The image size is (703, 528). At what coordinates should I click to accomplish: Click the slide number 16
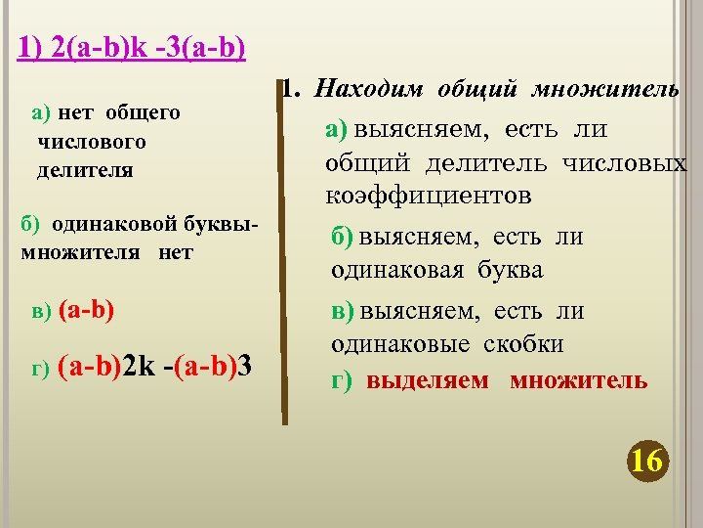point(647,460)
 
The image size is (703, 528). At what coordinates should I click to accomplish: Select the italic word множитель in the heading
point(605,90)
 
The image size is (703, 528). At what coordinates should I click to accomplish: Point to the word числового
point(92,142)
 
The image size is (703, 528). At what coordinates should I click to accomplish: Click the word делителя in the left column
point(85,170)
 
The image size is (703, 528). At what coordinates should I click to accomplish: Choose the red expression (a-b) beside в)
point(87,311)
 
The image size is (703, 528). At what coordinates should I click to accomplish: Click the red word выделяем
point(428,380)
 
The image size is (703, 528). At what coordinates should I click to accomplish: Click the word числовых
point(625,163)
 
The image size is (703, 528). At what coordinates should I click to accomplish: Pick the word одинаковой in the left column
point(98,224)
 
